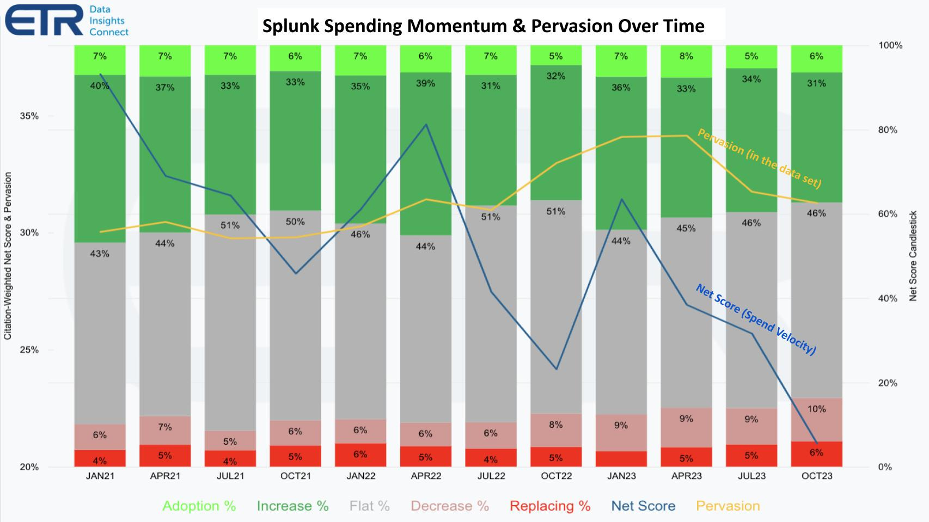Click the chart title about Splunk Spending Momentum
(483, 26)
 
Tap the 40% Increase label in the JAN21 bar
(100, 85)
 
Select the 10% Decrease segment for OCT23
(816, 409)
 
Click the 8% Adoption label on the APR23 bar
(686, 56)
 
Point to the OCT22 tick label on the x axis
(556, 476)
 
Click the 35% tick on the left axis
(30, 116)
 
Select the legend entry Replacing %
(550, 506)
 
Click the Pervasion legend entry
(728, 506)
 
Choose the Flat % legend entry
(369, 506)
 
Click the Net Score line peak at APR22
(426, 125)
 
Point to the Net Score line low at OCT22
(556, 369)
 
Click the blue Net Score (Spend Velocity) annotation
(756, 320)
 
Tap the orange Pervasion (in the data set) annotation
(759, 158)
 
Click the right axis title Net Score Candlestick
(913, 256)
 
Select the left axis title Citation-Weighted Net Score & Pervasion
(8, 256)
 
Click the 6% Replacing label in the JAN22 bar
(360, 455)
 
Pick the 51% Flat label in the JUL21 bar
(230, 225)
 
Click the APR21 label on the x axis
(165, 476)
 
